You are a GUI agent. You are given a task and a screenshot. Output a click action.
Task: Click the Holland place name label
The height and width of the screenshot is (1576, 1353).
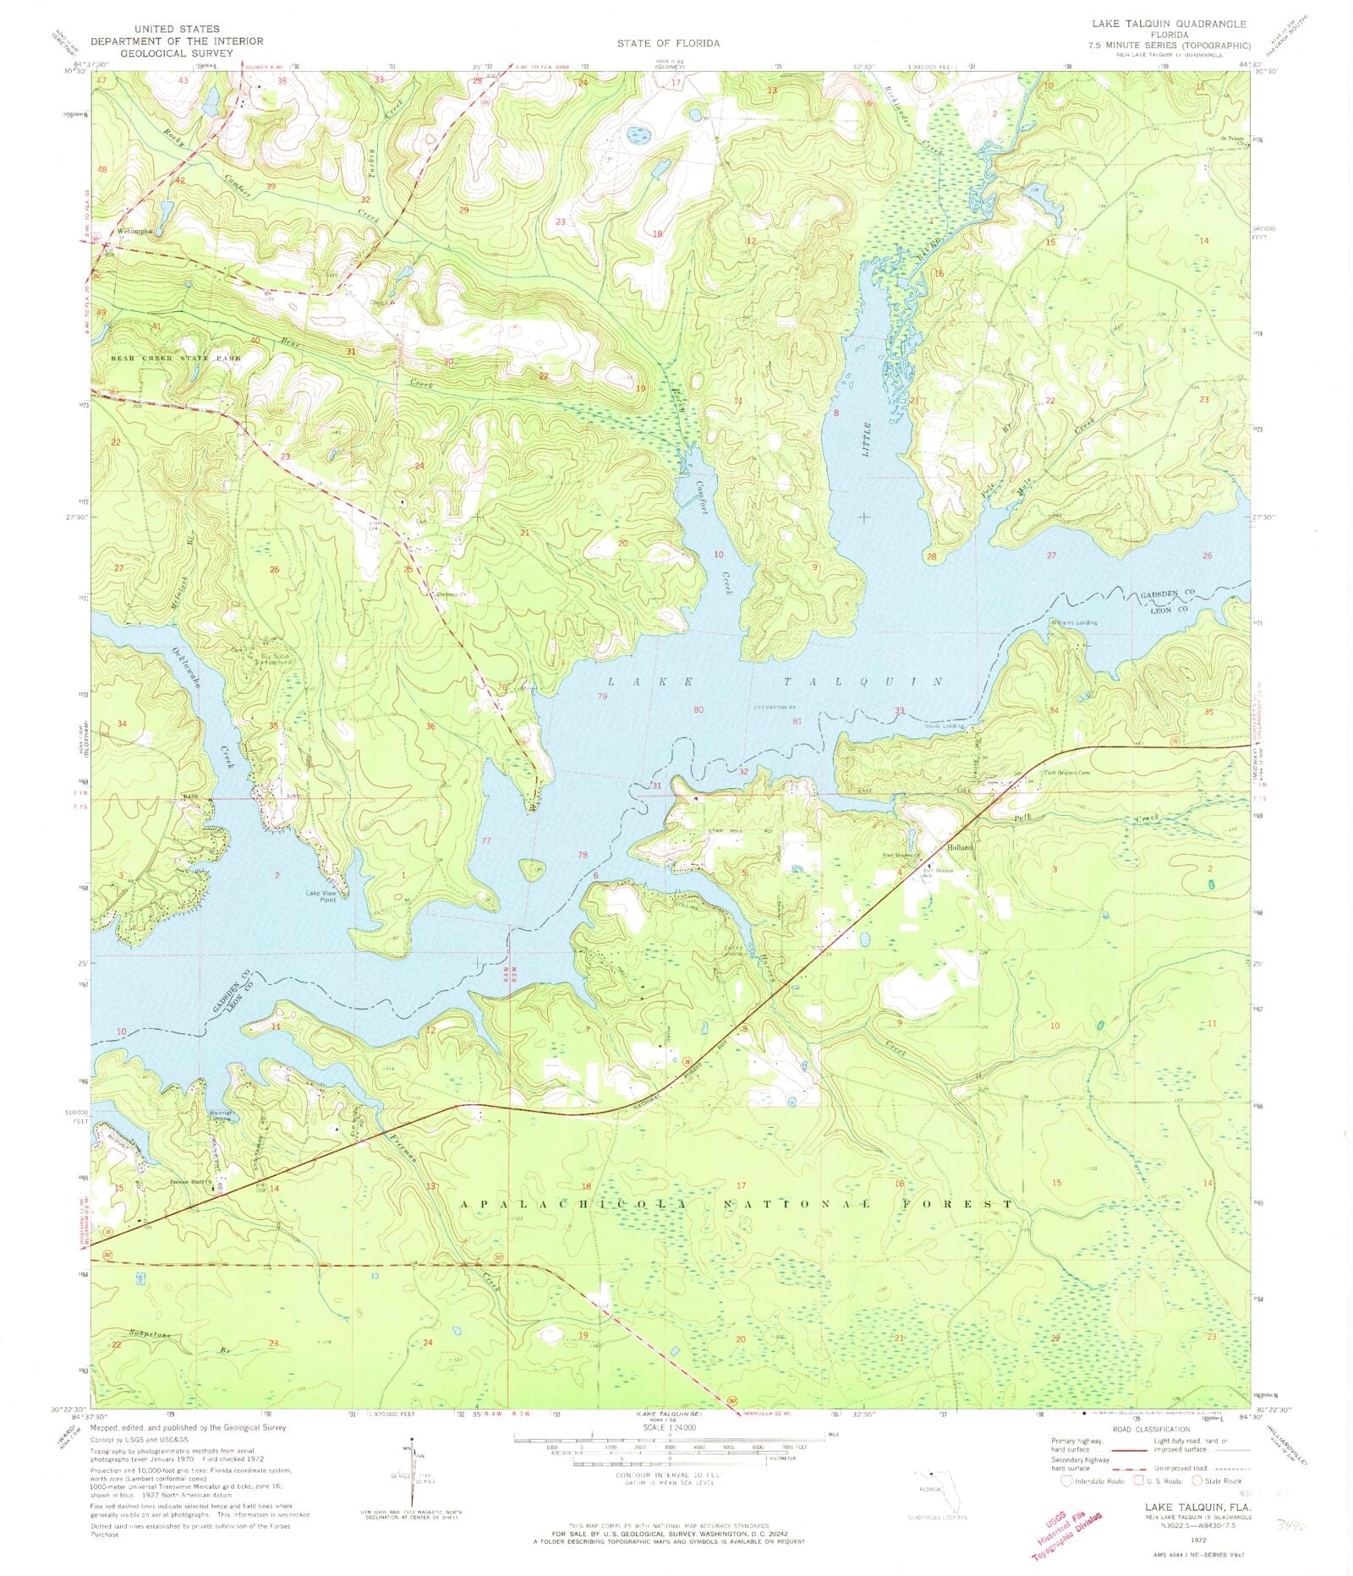961,846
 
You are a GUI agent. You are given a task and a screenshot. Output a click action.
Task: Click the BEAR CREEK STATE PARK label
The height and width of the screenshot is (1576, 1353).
176,358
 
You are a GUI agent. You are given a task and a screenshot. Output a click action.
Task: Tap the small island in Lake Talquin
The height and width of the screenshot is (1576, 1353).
531,868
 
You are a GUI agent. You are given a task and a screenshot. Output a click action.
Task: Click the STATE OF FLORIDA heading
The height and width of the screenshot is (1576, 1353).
668,43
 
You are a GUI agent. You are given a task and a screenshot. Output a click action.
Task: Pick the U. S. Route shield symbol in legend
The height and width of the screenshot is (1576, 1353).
1142,1480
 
